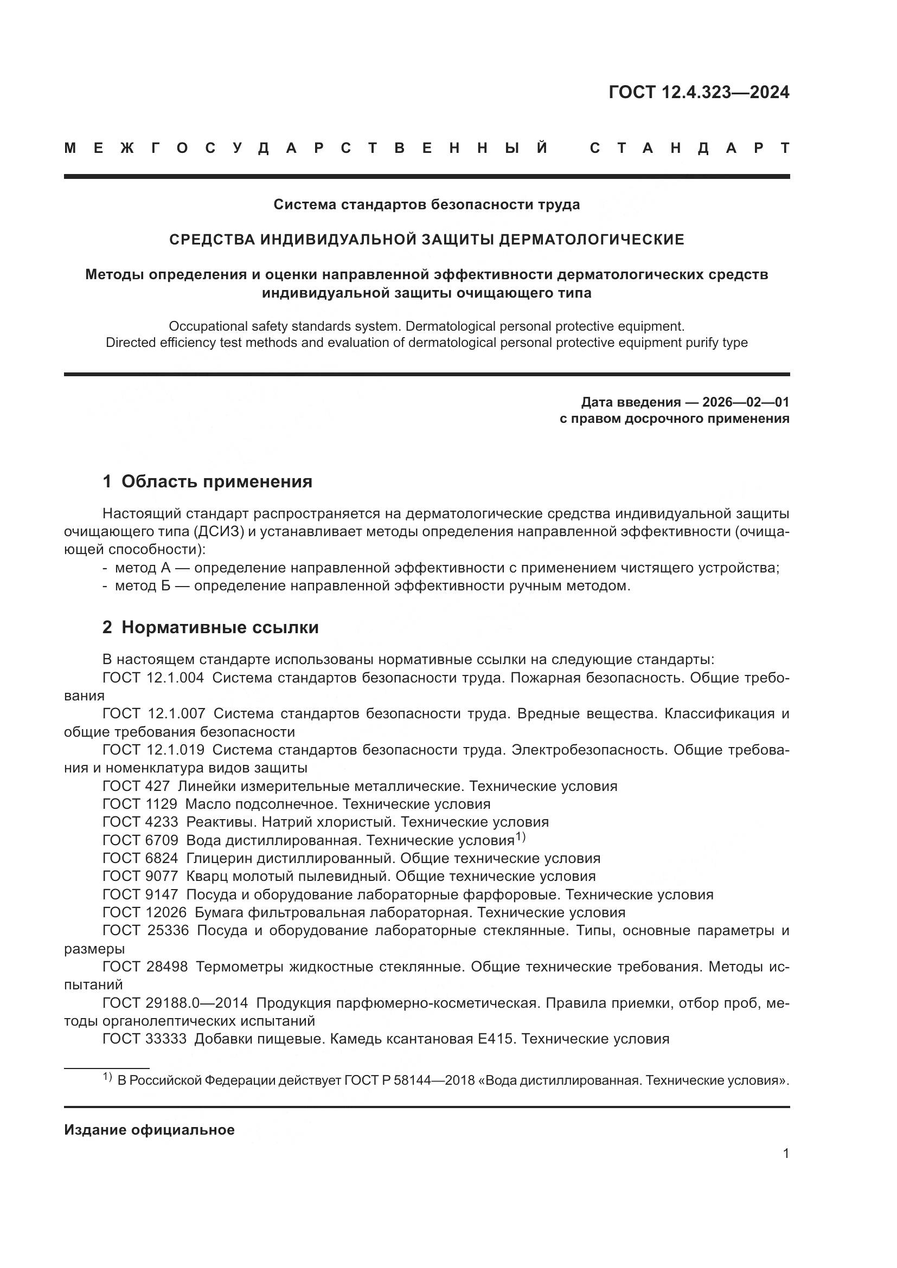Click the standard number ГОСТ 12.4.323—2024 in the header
point(699,92)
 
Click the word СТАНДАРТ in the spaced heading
point(690,149)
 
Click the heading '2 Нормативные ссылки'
point(210,627)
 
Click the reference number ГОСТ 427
point(136,786)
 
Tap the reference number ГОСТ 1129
point(140,804)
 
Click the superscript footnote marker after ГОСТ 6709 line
point(520,837)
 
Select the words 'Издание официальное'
point(149,1130)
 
